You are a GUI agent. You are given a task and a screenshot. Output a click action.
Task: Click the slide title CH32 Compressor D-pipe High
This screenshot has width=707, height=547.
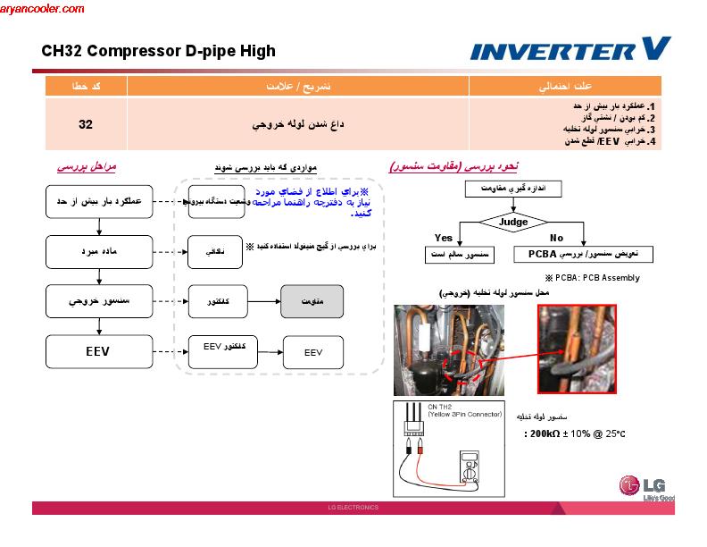[x=158, y=51]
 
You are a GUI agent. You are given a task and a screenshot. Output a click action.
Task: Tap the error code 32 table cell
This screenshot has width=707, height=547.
[x=86, y=124]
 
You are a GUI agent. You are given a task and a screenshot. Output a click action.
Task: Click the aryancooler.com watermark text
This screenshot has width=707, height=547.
[x=42, y=9]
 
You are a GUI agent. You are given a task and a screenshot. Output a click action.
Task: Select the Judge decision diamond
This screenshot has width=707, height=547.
[x=512, y=222]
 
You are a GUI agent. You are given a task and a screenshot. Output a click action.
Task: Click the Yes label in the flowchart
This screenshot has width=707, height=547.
[x=443, y=237]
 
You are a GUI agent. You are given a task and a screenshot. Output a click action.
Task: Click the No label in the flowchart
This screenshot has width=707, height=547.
[x=557, y=237]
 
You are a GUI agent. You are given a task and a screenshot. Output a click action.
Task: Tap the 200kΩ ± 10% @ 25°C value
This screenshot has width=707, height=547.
[x=574, y=434]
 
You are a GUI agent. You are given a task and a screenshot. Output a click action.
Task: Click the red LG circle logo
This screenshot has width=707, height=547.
[x=629, y=485]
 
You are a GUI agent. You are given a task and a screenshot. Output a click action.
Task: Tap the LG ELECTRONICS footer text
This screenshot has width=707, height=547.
[x=353, y=508]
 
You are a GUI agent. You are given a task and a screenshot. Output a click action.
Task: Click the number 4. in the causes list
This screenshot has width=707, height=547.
[x=652, y=141]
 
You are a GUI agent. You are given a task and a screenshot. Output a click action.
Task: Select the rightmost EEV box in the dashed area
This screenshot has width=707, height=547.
[x=313, y=352]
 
